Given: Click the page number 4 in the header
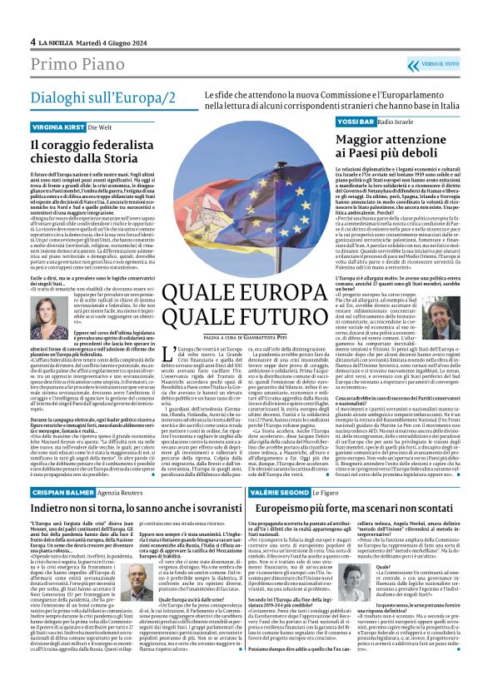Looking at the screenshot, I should pyautogui.click(x=33, y=42).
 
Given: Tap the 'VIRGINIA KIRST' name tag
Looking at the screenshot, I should pyautogui.click(x=57, y=127).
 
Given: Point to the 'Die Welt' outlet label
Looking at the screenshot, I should pyautogui.click(x=102, y=127).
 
